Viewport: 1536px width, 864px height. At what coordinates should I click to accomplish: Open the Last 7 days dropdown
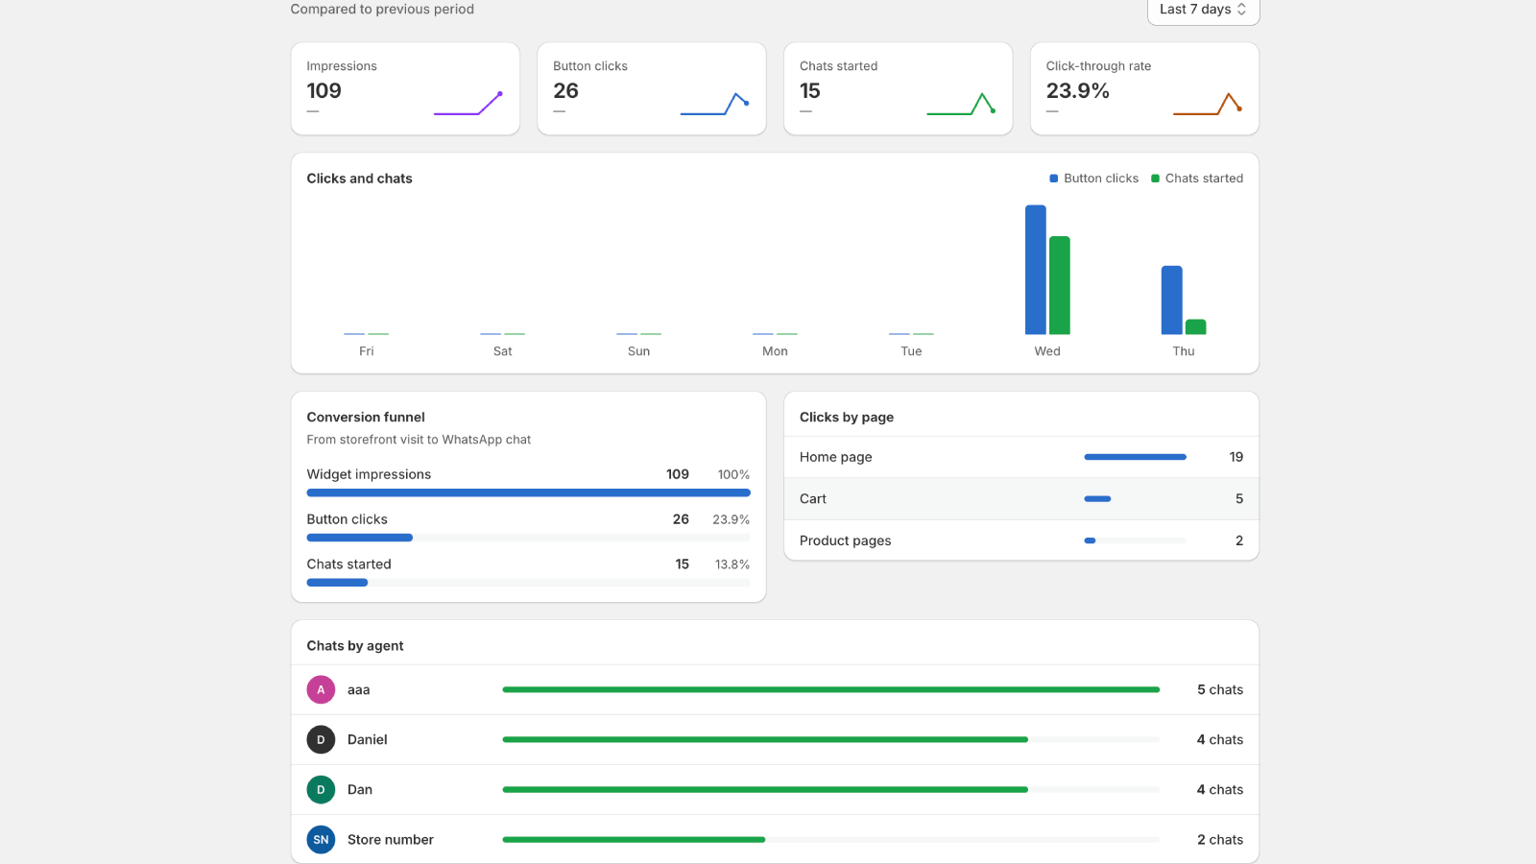(1204, 10)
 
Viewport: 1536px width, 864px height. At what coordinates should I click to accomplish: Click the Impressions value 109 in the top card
(324, 90)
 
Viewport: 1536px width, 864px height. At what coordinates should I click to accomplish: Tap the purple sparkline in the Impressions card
(468, 105)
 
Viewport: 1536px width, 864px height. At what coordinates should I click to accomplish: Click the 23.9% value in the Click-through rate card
(1077, 90)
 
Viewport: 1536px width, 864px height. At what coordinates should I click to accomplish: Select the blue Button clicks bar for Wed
(1036, 270)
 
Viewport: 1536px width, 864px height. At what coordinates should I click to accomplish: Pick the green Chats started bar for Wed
(1060, 285)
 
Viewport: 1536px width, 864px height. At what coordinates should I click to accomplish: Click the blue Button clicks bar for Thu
(1171, 300)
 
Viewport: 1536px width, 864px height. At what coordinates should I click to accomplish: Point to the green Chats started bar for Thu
(1195, 327)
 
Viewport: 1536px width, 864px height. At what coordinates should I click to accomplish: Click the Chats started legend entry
(1196, 179)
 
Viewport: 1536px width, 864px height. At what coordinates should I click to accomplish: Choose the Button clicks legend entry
(1093, 179)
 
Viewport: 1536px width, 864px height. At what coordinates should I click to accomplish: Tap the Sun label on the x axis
(638, 351)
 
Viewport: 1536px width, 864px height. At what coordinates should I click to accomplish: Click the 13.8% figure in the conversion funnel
(732, 564)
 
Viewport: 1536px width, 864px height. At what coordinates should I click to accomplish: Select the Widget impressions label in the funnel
(369, 474)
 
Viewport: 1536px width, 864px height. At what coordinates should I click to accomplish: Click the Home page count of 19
(1236, 457)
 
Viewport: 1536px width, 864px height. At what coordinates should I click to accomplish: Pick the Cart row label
(812, 498)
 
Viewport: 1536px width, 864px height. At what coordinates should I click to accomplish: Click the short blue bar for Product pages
(1090, 540)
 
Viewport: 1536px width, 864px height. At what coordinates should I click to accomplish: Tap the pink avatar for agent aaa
(321, 690)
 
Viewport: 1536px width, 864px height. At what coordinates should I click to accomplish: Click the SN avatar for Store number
(321, 839)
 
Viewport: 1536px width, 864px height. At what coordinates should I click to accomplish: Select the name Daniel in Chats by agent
(368, 739)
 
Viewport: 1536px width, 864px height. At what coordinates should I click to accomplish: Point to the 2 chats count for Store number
(1220, 839)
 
